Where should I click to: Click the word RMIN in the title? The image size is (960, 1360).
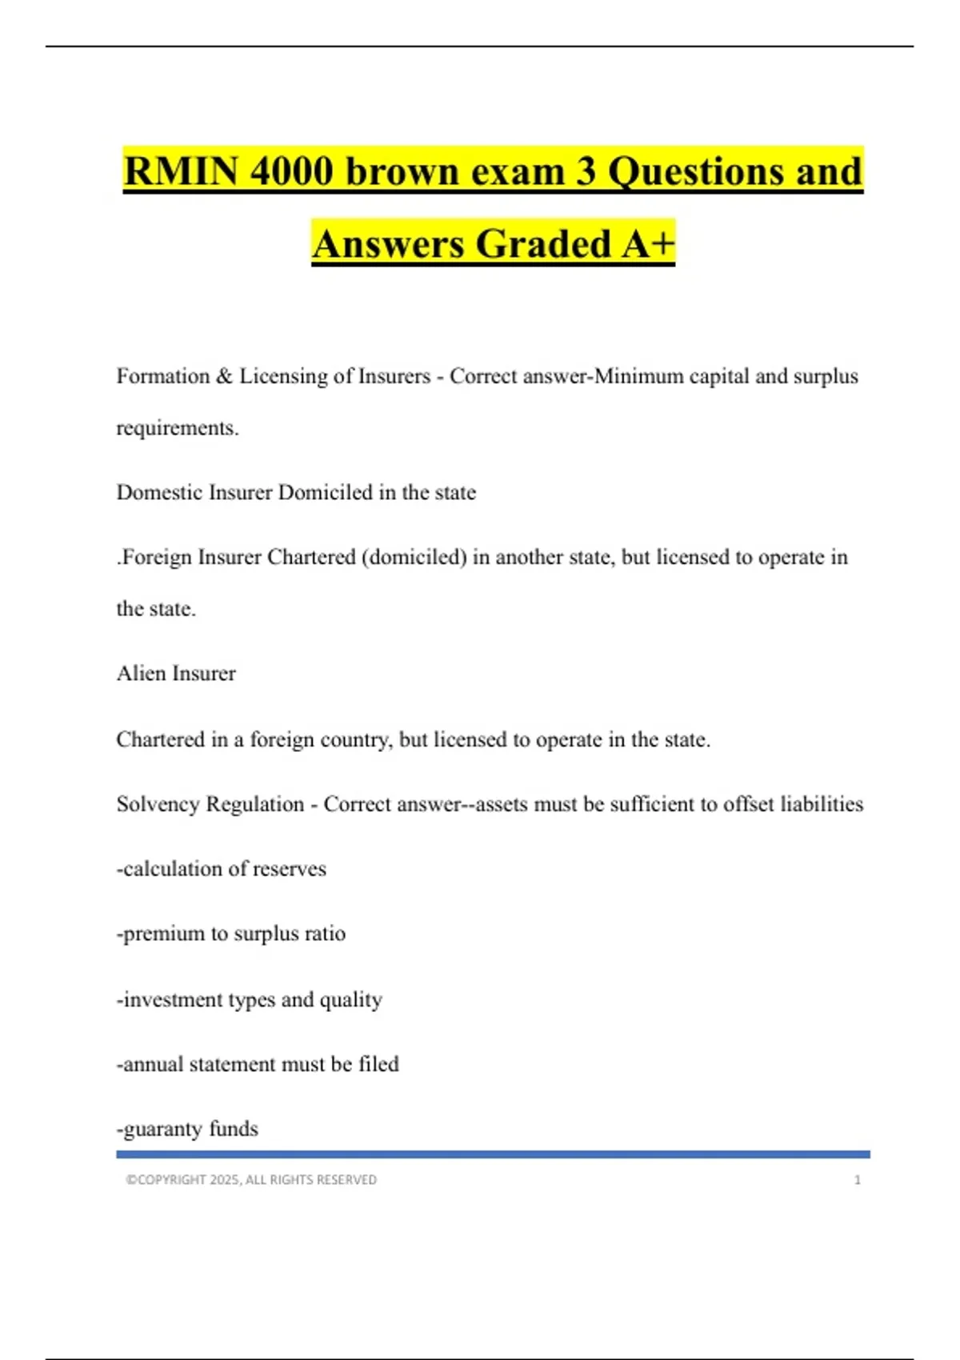click(x=181, y=171)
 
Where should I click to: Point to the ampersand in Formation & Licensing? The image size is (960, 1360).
click(x=224, y=376)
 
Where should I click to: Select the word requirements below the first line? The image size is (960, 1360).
click(x=177, y=428)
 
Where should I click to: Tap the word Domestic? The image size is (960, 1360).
click(x=159, y=492)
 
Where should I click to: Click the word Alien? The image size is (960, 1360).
click(x=141, y=674)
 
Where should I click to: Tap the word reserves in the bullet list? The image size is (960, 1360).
click(x=290, y=869)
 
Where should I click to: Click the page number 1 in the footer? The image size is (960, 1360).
click(x=858, y=1180)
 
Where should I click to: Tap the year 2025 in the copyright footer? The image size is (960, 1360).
click(x=225, y=1180)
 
